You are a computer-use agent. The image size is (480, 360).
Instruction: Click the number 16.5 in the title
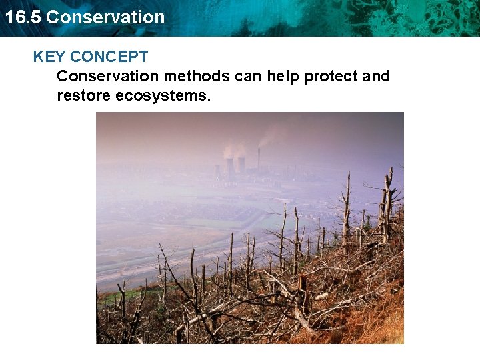click(x=23, y=17)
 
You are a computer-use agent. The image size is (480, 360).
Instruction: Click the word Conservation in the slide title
click(x=105, y=17)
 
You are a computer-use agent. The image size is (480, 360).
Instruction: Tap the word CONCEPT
click(x=109, y=57)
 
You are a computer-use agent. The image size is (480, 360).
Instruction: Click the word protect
click(x=331, y=76)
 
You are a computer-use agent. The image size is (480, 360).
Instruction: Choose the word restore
click(x=84, y=95)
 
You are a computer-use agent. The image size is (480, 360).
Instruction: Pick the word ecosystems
click(x=163, y=95)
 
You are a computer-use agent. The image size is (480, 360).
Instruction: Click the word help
click(x=283, y=76)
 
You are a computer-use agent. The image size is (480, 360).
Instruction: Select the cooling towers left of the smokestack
click(x=235, y=165)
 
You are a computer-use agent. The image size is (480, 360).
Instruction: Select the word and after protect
click(x=375, y=76)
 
